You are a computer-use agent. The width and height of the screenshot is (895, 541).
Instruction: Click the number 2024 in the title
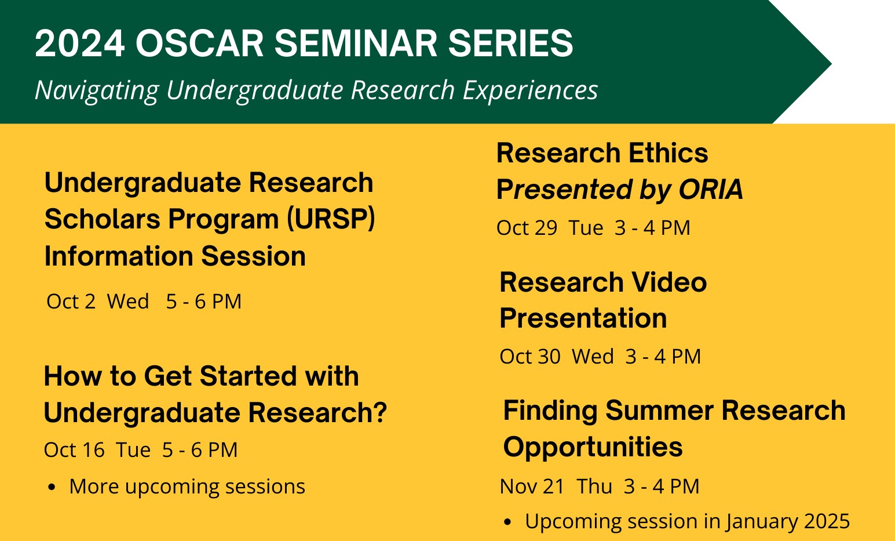(79, 43)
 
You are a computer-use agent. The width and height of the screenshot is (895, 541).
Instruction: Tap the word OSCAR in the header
(199, 43)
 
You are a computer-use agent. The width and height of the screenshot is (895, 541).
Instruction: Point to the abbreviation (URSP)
(331, 219)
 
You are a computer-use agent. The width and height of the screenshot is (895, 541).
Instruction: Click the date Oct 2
(71, 301)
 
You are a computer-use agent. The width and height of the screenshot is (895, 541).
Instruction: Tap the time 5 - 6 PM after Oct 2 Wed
(204, 301)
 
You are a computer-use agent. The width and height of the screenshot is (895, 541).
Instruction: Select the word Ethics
(668, 153)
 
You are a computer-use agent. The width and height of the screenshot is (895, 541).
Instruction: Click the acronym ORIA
(711, 189)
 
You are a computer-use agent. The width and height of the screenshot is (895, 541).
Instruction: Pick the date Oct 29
(527, 228)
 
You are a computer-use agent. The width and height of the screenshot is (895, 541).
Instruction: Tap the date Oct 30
(530, 356)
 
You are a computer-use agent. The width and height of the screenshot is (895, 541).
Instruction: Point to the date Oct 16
(74, 450)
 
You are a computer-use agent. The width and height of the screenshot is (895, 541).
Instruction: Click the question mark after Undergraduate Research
(380, 412)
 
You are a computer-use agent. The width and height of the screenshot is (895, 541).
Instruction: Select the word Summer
(659, 411)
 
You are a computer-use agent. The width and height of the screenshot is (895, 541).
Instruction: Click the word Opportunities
(593, 447)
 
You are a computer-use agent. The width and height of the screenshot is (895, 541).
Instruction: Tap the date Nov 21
(532, 486)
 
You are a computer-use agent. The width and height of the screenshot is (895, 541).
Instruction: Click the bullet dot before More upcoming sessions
(51, 488)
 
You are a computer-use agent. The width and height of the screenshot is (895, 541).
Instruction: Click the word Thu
(594, 486)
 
